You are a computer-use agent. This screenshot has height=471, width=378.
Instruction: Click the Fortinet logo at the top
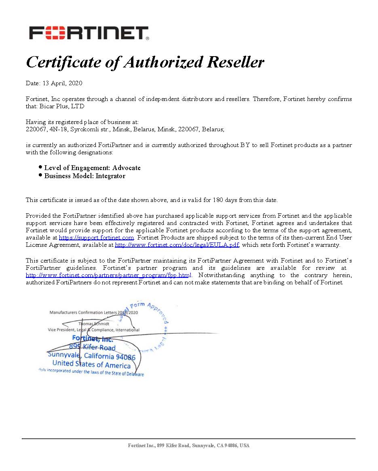pyautogui.click(x=89, y=33)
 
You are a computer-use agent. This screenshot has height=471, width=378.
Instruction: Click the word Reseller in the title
pyautogui.click(x=235, y=62)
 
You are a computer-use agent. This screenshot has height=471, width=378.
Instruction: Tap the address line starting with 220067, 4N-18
pyautogui.click(x=125, y=129)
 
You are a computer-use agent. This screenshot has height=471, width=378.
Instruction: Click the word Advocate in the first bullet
pyautogui.click(x=127, y=168)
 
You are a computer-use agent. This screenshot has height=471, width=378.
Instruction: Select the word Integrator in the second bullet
pyautogui.click(x=110, y=176)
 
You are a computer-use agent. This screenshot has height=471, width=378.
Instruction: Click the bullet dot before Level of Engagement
pyautogui.click(x=40, y=167)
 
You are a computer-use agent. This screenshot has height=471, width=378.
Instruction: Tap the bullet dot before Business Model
pyautogui.click(x=40, y=175)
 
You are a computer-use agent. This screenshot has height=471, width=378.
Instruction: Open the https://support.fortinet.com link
pyautogui.click(x=96, y=238)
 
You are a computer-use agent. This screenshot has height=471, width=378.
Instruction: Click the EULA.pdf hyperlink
pyautogui.click(x=177, y=245)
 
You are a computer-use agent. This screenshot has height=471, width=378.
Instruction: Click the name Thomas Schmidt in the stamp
pyautogui.click(x=94, y=324)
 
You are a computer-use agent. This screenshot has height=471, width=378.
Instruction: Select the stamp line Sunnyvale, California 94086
pyautogui.click(x=92, y=356)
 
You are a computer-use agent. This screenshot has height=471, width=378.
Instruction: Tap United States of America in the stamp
pyautogui.click(x=91, y=365)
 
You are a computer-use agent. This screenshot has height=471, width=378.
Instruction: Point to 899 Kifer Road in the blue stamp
pyautogui.click(x=92, y=347)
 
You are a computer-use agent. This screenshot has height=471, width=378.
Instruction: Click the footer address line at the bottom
pyautogui.click(x=189, y=446)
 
